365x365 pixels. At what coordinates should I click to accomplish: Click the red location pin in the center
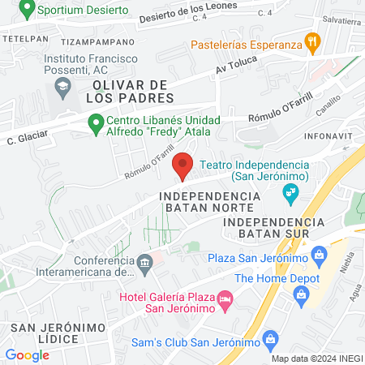[x=183, y=165]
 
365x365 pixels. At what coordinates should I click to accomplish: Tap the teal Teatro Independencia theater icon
[x=289, y=192]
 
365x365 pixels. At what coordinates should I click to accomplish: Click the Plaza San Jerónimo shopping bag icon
[x=320, y=258]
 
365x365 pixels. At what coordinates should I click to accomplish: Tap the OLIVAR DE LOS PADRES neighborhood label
[x=134, y=92]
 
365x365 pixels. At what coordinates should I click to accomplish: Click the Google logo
[x=27, y=354]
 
